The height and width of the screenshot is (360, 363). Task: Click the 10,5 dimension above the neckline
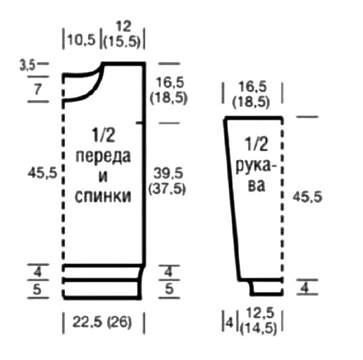(81, 40)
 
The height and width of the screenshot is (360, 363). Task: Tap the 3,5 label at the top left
(27, 66)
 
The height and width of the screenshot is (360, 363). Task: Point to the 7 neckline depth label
(38, 90)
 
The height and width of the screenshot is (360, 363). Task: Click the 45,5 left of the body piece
(42, 173)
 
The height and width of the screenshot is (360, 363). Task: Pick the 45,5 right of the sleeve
(307, 197)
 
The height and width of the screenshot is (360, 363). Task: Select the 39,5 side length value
(168, 173)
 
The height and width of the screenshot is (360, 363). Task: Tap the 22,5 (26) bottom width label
(102, 322)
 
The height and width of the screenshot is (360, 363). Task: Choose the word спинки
(103, 196)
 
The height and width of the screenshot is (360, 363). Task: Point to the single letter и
(103, 177)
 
